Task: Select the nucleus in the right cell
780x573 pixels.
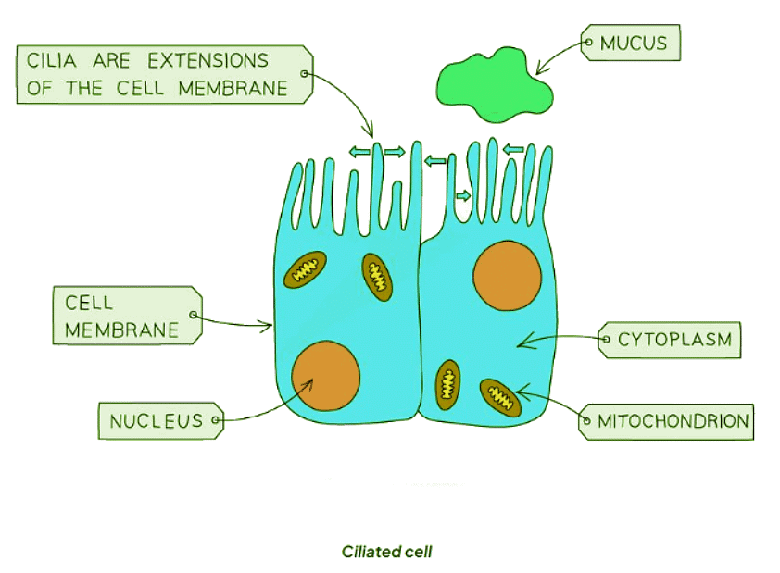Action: point(507,275)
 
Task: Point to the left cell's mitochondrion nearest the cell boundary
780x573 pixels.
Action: point(377,276)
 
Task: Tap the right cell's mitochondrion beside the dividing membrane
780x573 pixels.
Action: point(447,384)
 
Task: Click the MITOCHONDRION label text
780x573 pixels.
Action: point(673,421)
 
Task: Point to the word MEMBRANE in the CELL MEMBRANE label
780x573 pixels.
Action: point(121,330)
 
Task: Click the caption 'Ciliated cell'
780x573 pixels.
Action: point(386,553)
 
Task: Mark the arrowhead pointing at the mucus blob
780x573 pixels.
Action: point(538,71)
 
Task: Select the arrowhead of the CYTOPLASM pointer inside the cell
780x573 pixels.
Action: point(521,343)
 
